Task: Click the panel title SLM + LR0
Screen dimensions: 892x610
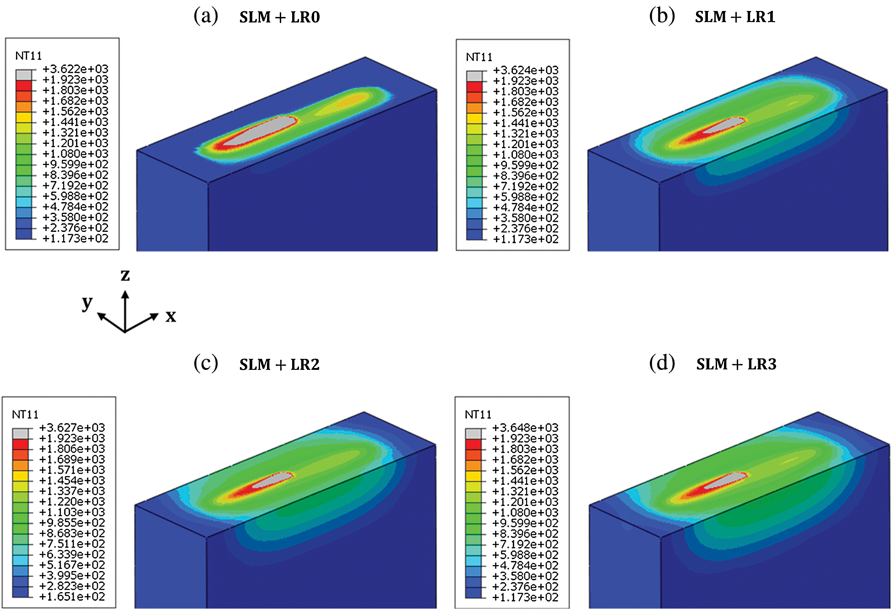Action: coord(279,17)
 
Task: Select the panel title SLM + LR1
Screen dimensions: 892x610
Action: coord(735,17)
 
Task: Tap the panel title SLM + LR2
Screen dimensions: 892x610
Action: coord(279,365)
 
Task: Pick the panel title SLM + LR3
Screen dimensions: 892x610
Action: coord(736,364)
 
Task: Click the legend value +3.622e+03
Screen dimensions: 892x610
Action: coord(76,69)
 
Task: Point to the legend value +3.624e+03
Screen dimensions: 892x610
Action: coord(526,71)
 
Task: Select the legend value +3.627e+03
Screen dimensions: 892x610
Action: coord(72,428)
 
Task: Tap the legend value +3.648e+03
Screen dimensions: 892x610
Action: coord(525,428)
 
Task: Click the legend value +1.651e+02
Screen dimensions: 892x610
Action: coord(72,597)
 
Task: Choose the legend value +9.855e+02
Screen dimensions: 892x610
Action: coord(72,523)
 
